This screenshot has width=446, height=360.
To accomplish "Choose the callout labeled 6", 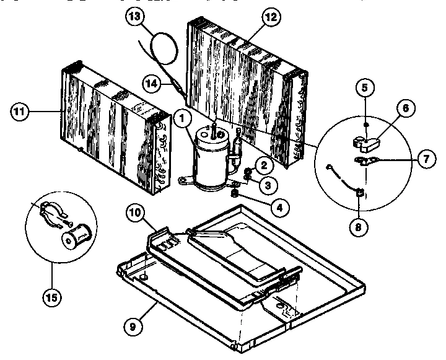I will tap(405, 108).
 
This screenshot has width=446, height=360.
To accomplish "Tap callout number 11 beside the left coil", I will tap(20, 112).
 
